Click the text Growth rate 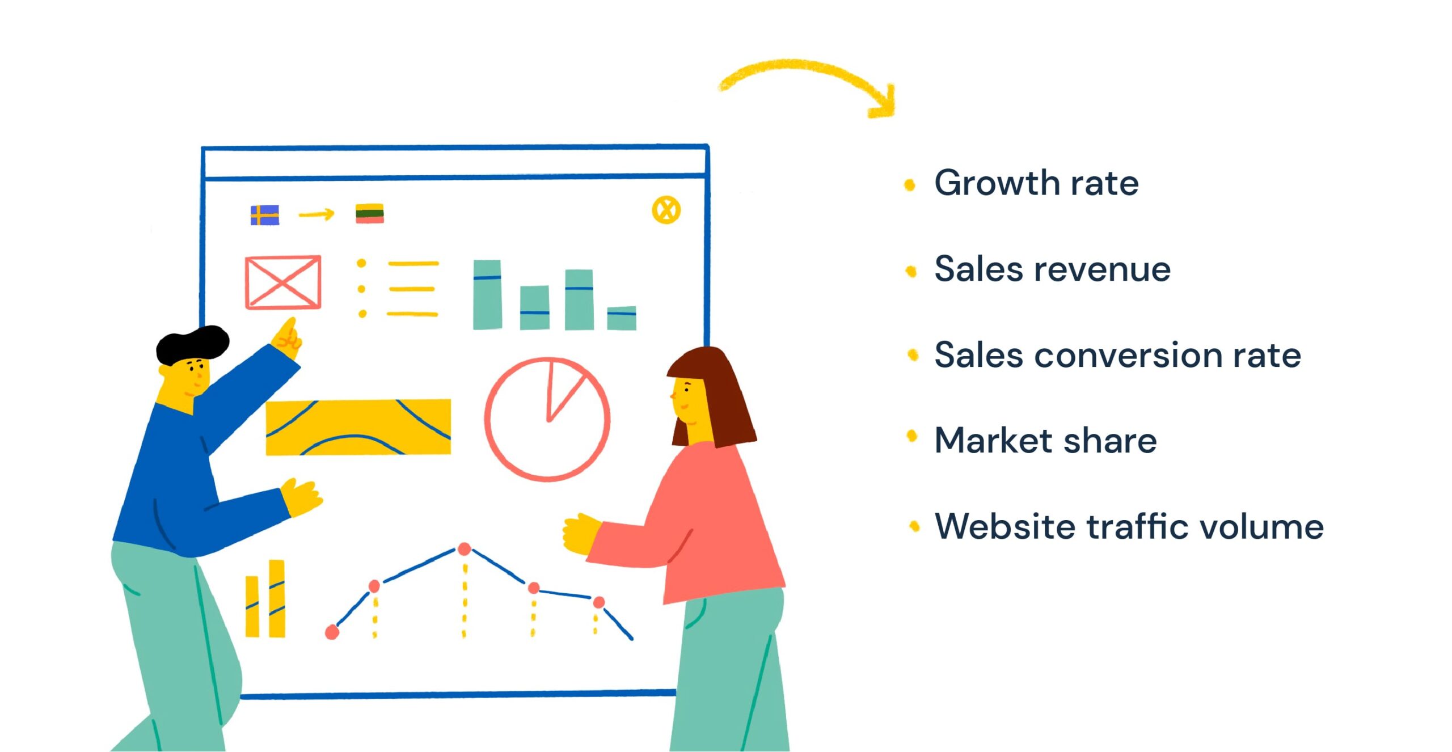pyautogui.click(x=1036, y=183)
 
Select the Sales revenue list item pyautogui.click(x=1053, y=269)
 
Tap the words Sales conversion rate pyautogui.click(x=1117, y=355)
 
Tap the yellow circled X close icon pyautogui.click(x=666, y=210)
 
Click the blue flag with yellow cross pyautogui.click(x=265, y=215)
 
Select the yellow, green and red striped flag pyautogui.click(x=370, y=213)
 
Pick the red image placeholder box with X pyautogui.click(x=283, y=282)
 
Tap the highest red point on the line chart pyautogui.click(x=465, y=548)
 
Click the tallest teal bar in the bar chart pyautogui.click(x=487, y=294)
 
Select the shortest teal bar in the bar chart pyautogui.click(x=622, y=318)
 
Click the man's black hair pyautogui.click(x=193, y=345)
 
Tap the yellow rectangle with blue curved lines pyautogui.click(x=358, y=426)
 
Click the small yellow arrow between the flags pyautogui.click(x=316, y=214)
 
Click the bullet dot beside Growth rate pyautogui.click(x=910, y=185)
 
